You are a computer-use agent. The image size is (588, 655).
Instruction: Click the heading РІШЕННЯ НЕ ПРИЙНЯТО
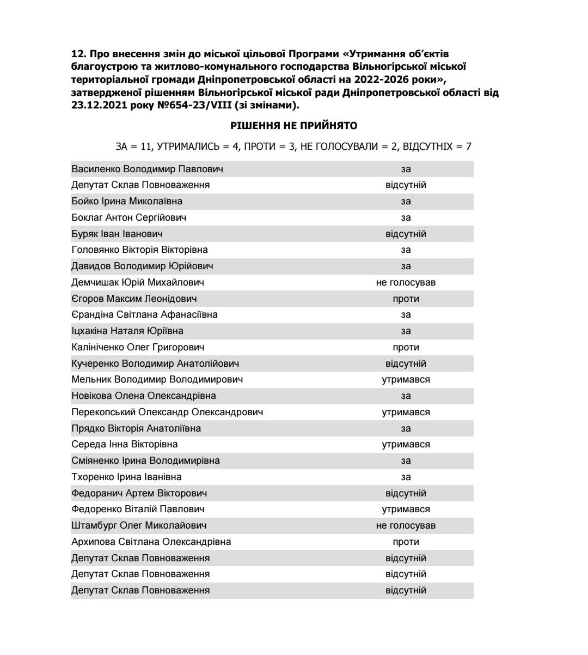click(x=293, y=126)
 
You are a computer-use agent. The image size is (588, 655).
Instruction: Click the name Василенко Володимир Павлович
click(x=147, y=169)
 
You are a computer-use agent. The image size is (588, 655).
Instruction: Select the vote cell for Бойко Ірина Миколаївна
click(x=406, y=202)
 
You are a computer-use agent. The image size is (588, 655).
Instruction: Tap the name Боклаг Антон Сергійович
click(x=129, y=217)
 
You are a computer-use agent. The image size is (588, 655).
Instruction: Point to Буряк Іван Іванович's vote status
click(x=406, y=234)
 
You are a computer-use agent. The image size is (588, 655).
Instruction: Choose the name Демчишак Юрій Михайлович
click(x=138, y=282)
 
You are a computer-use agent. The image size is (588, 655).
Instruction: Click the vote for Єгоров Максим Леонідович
click(x=406, y=299)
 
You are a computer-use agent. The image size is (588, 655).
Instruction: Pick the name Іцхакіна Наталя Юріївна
click(x=127, y=331)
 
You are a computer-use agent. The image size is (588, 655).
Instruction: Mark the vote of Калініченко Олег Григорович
click(x=406, y=347)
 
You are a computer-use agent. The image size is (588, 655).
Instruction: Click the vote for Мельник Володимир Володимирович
click(x=406, y=380)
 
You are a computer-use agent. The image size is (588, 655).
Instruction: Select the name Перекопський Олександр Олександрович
click(x=167, y=412)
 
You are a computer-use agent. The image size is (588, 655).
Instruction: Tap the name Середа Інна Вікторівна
click(x=125, y=445)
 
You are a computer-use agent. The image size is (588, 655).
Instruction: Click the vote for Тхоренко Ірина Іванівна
click(x=406, y=477)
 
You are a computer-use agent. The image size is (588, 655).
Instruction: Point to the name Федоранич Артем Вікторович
click(x=139, y=493)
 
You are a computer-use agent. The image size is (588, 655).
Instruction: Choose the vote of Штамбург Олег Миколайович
click(x=406, y=526)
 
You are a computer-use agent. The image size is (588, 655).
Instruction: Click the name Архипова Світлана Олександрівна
click(x=151, y=542)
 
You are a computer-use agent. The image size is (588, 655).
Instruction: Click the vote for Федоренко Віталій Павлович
click(x=406, y=510)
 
